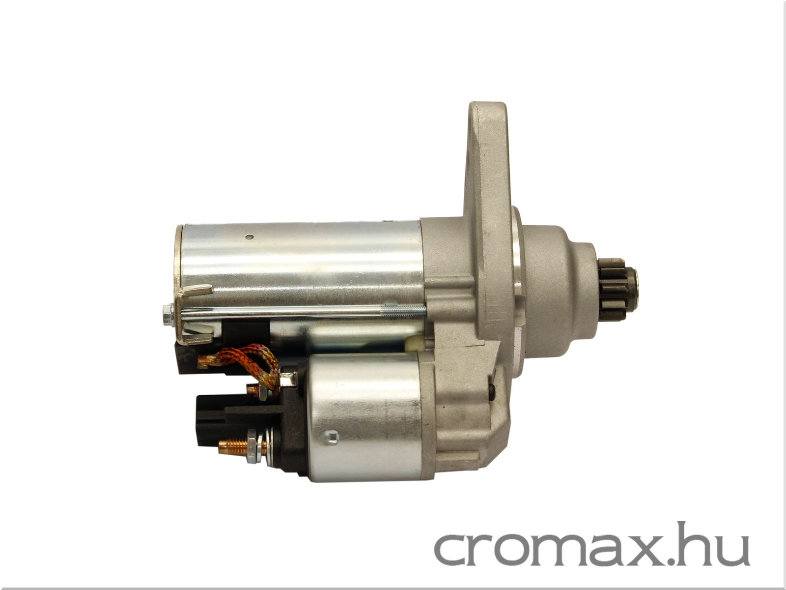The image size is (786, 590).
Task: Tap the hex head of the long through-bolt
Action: coord(168,315)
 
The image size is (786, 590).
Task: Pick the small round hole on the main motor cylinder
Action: coord(251,237)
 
